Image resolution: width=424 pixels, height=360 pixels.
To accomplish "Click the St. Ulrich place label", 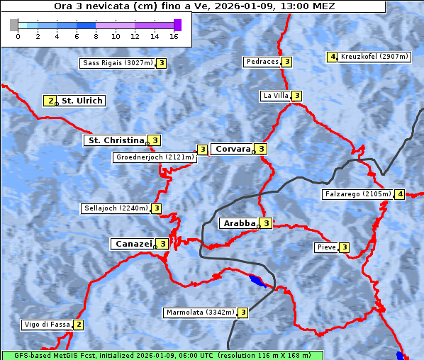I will pos(82,101).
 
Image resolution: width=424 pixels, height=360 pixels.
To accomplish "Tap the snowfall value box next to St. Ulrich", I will pos(50,101).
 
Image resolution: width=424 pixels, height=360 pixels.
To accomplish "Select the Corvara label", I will pos(233,149).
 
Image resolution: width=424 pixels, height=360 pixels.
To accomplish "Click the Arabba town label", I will pos(239,223).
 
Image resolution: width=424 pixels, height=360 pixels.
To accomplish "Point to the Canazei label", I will pos(133,244).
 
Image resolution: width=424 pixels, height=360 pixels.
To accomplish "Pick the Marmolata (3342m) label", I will pos(199,313).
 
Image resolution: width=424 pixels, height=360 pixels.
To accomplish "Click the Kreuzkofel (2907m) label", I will pos(374,57).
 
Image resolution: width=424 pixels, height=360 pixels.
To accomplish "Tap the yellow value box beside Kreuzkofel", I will pos(332,57).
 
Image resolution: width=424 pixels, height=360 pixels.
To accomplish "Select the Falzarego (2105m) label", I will pos(357,194).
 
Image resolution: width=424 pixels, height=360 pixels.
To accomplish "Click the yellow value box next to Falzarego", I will pos(400,194).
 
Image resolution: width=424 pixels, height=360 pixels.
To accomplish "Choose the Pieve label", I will pos(326,247).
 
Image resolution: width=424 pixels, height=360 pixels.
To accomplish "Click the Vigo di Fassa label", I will pos(47,325).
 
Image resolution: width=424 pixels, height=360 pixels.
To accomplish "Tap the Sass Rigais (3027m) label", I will pos(117,63).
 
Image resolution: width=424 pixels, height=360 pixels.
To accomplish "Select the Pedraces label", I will pos(262,62).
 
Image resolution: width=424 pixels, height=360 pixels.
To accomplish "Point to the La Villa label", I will pos(275,96).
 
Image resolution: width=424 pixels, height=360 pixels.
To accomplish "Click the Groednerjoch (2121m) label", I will pos(155,157).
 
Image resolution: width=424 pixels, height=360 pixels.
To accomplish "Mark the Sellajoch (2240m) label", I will pos(115,208).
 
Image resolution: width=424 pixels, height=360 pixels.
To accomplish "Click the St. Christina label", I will pos(116,140).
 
